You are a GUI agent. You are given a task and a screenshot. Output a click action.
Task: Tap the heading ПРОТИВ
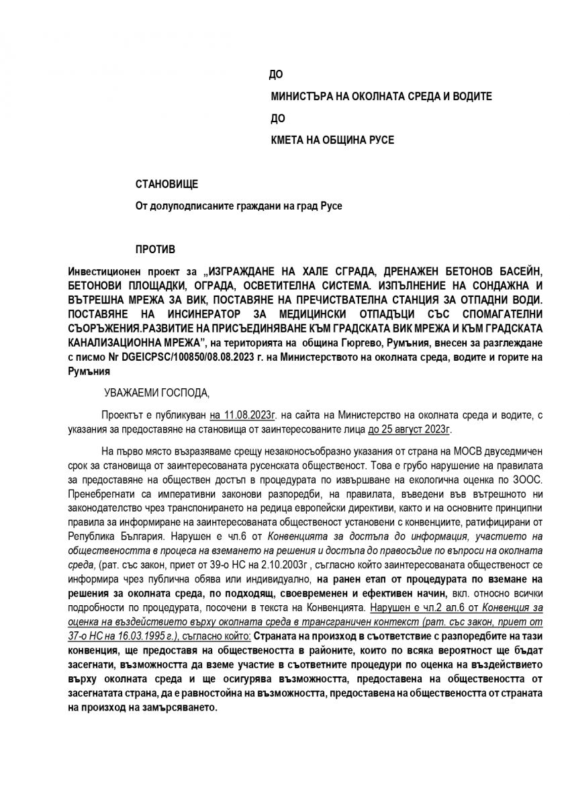pos(155,249)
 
